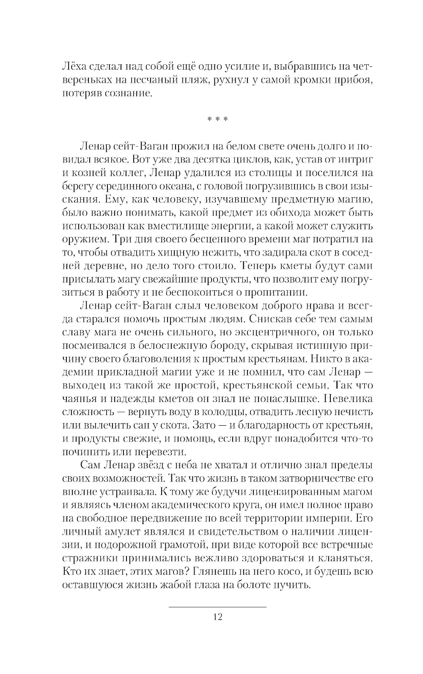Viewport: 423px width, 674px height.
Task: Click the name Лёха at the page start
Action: pyautogui.click(x=74, y=67)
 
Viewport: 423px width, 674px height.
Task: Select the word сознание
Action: pyautogui.click(x=130, y=93)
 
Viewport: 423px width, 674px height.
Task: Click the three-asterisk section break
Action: pyautogui.click(x=217, y=120)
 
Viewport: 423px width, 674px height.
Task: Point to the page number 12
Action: pyautogui.click(x=217, y=617)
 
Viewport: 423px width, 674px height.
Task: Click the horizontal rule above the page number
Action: pyautogui.click(x=217, y=607)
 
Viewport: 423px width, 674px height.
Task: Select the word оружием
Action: pyautogui.click(x=85, y=239)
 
